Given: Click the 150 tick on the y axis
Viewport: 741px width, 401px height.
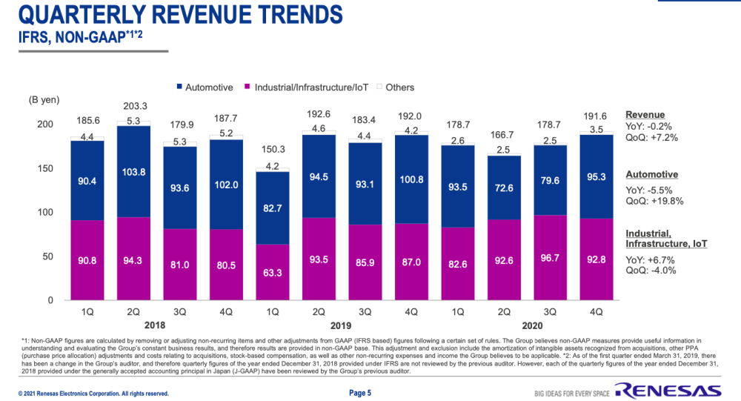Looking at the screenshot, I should pos(46,169).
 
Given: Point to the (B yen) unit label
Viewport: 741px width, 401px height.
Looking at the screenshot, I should pos(44,99).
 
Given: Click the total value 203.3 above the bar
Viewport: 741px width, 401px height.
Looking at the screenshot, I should pos(134,106).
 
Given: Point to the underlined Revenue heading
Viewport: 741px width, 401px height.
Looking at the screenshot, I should pos(644,115).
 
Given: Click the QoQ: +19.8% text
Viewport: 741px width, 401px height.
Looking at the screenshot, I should pos(654,200).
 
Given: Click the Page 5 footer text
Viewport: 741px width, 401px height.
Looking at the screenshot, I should pos(359,392).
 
